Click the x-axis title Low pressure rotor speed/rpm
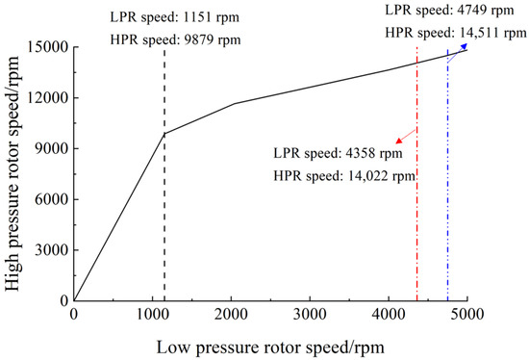tap(269, 344)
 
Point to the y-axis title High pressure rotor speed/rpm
tap(13, 173)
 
